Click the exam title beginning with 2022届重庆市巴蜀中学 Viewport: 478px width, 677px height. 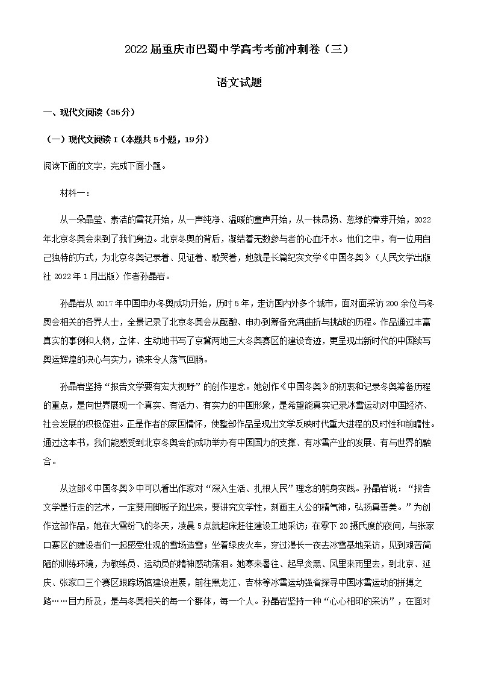pos(238,50)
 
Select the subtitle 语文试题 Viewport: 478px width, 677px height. pos(238,83)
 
